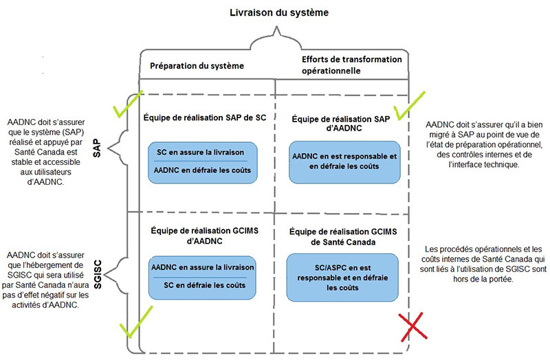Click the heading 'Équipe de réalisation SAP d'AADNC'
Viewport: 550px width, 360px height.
coord(344,124)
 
